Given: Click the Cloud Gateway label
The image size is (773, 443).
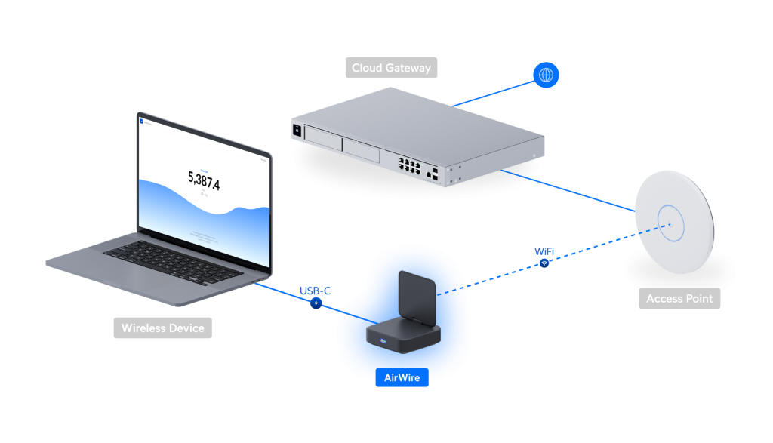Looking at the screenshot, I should [x=391, y=68].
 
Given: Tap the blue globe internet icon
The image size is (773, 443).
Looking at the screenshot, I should [x=546, y=75].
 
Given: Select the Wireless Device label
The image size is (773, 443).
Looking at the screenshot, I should [x=163, y=328].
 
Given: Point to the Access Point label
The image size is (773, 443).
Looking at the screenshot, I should [x=679, y=299].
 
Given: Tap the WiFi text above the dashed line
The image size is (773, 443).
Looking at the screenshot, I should [x=544, y=251].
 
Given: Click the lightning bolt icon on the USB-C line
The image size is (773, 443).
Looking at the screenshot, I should [x=316, y=303].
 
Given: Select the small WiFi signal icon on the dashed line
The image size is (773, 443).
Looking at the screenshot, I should [x=544, y=263].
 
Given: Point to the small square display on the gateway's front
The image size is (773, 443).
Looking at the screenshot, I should [x=298, y=131].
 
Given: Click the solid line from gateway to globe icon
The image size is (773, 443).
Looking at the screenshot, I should [x=494, y=93].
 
